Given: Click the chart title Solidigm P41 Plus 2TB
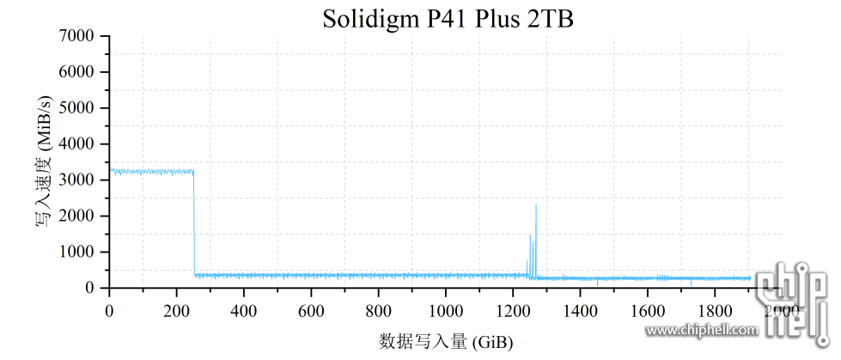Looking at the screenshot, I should [x=448, y=18].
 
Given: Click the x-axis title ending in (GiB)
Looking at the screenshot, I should [x=446, y=342].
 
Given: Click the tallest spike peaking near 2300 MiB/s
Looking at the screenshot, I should [x=536, y=206].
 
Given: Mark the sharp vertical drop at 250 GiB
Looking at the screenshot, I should [x=194, y=223].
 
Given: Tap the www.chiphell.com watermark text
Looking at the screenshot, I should [x=702, y=329].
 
